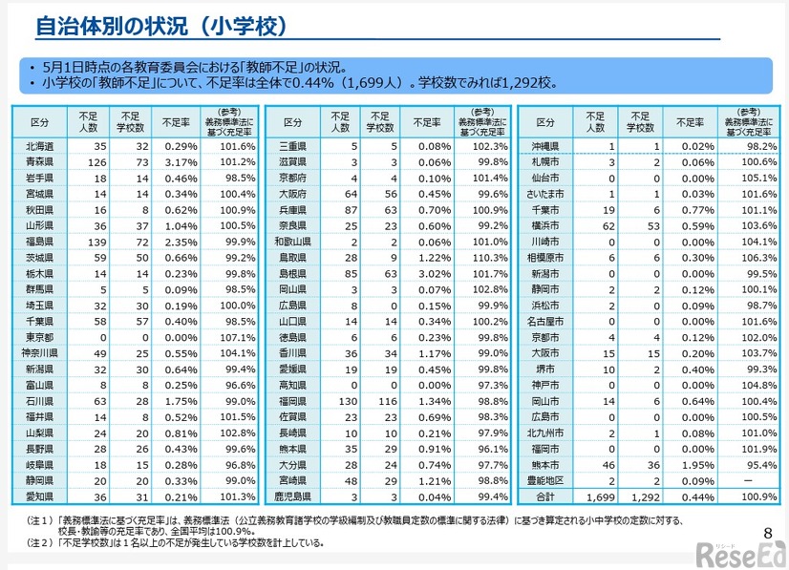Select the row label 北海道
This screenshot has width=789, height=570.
(x=40, y=147)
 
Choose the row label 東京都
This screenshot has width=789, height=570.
(x=40, y=337)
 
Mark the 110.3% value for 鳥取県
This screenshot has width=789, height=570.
(x=489, y=258)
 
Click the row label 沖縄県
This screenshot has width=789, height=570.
(x=545, y=147)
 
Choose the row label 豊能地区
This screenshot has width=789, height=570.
(x=545, y=480)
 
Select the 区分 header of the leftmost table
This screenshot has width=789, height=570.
(x=40, y=123)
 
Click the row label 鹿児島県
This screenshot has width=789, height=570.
(x=293, y=496)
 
